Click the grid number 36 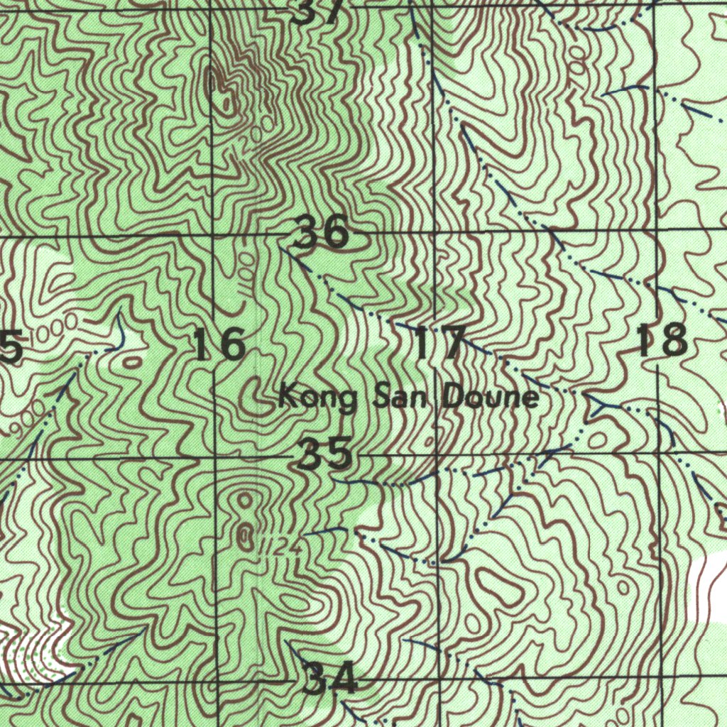tap(322, 231)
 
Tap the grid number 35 tap(324, 454)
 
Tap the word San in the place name tap(399, 396)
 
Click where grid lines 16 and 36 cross tap(214, 234)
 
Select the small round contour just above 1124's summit tap(245, 501)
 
